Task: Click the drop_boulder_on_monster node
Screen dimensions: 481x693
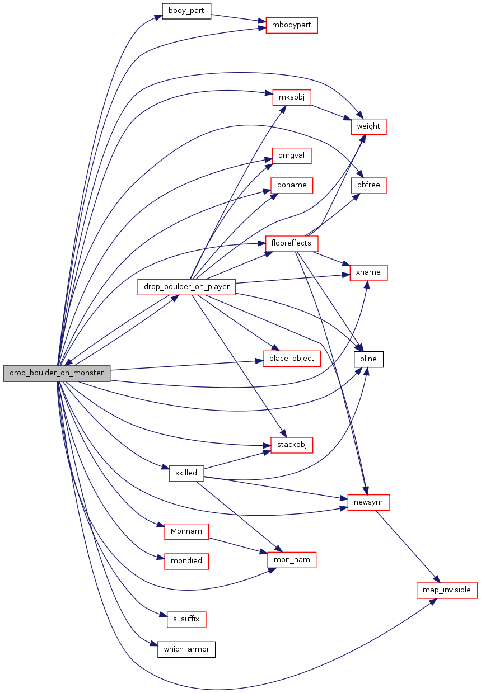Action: [57, 373]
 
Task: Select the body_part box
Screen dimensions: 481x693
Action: [186, 11]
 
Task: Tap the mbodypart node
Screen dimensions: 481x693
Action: [291, 25]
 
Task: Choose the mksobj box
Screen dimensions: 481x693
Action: [291, 97]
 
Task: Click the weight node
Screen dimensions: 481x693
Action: [368, 126]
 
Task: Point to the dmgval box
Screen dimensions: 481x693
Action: [291, 155]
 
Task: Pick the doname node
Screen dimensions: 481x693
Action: [291, 185]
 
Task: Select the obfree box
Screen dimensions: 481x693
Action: [368, 185]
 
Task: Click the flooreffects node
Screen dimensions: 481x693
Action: [291, 243]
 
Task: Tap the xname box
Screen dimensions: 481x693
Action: [368, 272]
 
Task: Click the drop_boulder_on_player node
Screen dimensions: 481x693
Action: [186, 287]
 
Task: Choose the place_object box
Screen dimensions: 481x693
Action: [291, 359]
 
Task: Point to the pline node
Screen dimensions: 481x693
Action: [368, 359]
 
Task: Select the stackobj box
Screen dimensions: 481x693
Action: [291, 445]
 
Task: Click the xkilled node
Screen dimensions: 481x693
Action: [186, 473]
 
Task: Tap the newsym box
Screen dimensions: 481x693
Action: [368, 502]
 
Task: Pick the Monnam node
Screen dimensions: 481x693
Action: [186, 531]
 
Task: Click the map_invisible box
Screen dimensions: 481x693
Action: [447, 590]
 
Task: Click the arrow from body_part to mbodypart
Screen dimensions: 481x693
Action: [239, 18]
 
